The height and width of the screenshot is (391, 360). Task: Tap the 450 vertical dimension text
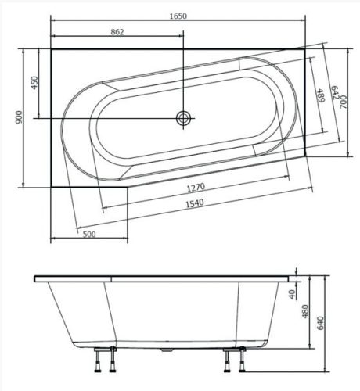pos(34,83)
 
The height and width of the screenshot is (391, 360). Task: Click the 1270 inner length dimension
pos(195,188)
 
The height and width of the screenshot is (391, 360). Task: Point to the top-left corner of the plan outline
pos(51,48)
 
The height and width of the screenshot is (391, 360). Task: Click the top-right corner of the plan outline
pos(304,48)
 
